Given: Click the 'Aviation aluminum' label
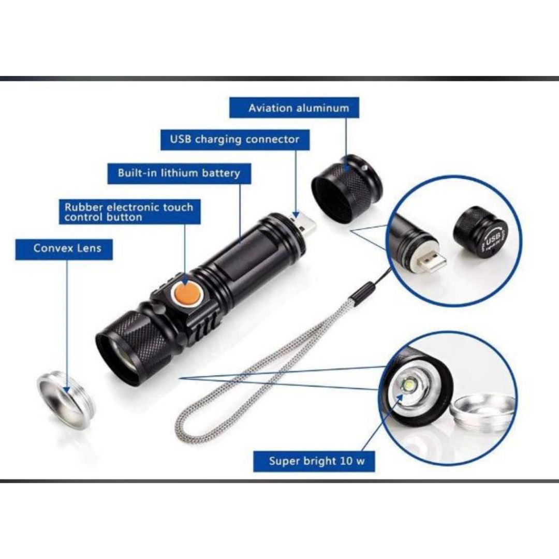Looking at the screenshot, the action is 294,107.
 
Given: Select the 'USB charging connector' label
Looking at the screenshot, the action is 235,139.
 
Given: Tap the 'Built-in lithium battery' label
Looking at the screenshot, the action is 179,173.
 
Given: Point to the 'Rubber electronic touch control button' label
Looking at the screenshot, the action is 130,212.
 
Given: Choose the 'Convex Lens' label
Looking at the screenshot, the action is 64,249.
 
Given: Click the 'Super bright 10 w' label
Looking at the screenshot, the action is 314,461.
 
